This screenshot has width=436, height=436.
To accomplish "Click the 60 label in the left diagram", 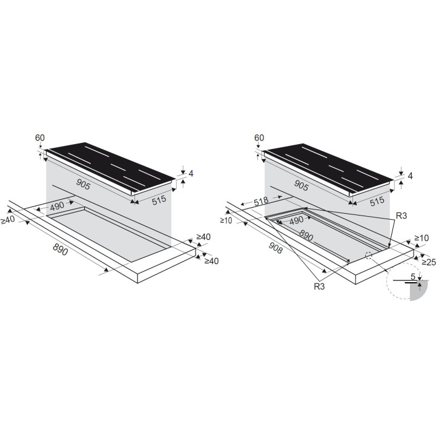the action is coord(40,137).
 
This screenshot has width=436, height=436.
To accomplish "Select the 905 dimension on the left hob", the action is coord(83,184).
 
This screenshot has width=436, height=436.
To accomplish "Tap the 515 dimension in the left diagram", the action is coord(159,200).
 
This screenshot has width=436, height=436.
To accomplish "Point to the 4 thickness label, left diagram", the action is coord(191,174).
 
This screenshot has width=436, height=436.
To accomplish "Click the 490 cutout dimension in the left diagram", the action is coord(58,206).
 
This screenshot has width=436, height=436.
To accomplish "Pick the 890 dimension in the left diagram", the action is coord(61,249).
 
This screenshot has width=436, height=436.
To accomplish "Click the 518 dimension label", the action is coord(261,201).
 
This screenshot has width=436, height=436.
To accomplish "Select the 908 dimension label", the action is coord(276,248).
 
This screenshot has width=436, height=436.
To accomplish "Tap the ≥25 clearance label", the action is coord(429,262).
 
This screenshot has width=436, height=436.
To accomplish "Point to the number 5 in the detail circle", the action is coord(413,277).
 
